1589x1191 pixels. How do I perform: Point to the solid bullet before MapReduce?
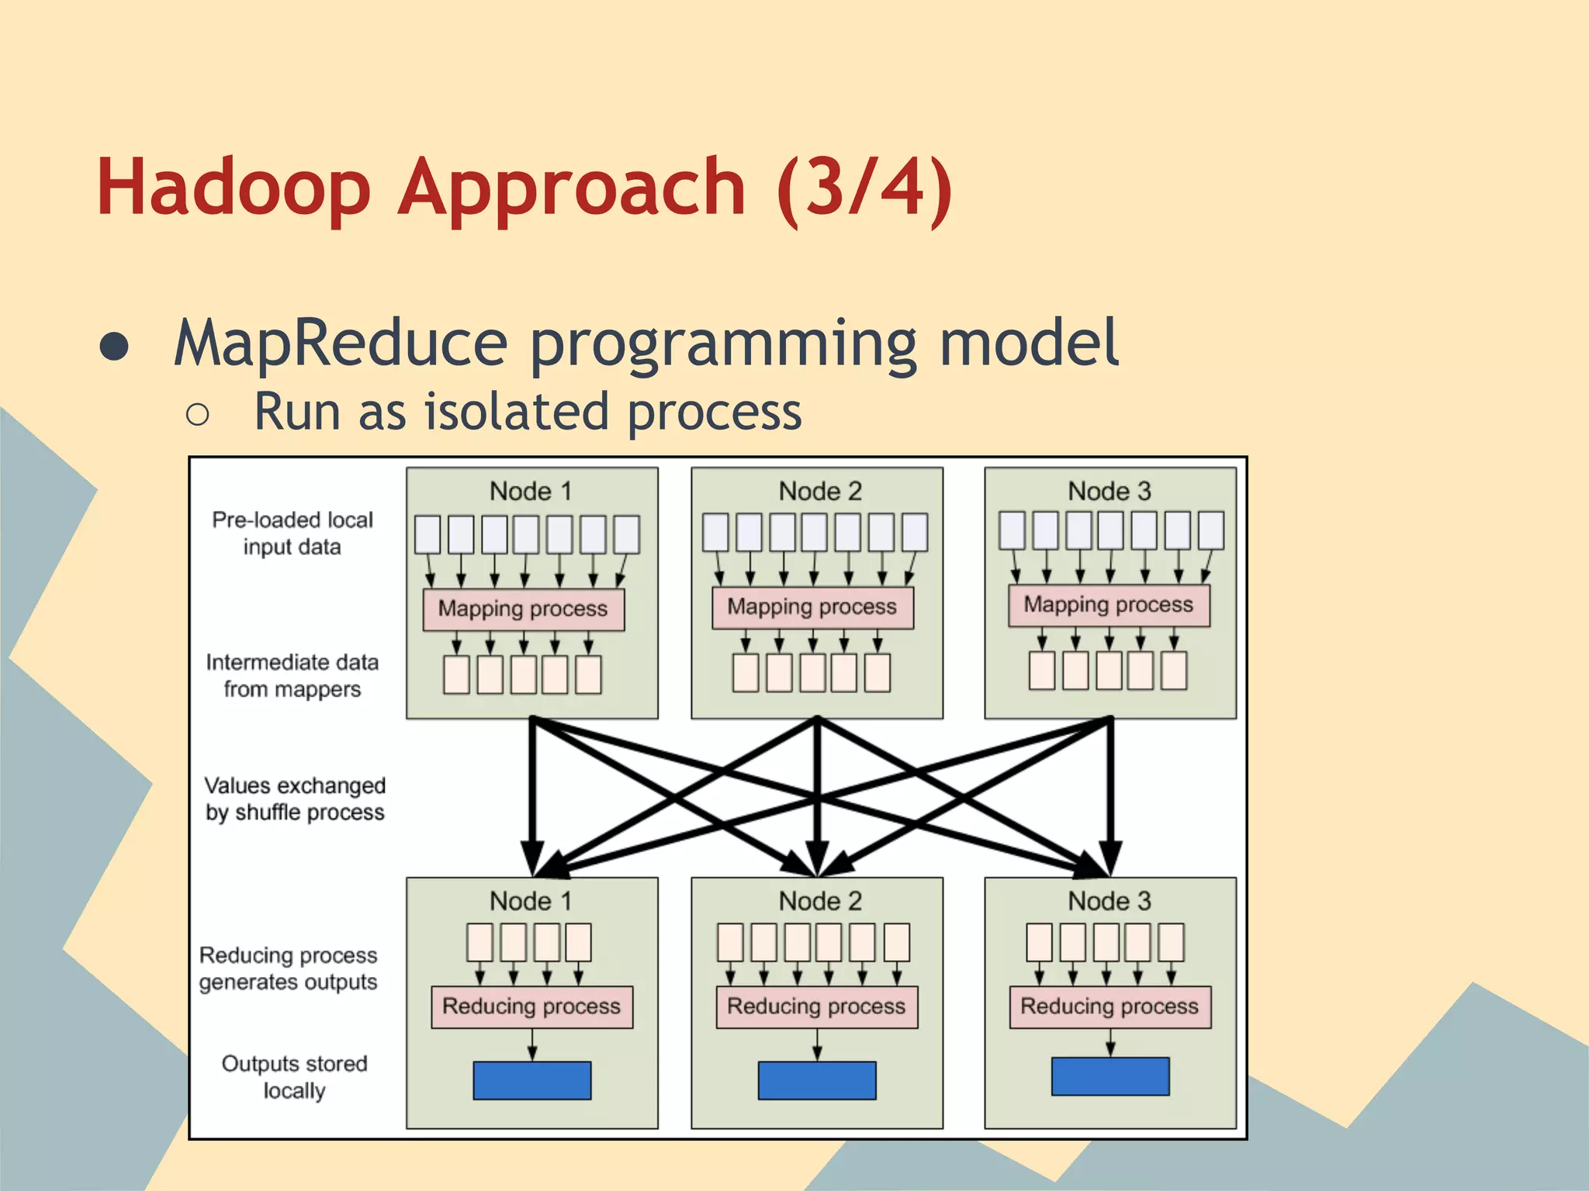coord(115,347)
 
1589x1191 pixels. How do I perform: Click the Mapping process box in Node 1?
coord(523,609)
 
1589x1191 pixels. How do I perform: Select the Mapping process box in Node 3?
coord(1108,605)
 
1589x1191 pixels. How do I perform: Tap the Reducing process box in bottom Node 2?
coord(816,1006)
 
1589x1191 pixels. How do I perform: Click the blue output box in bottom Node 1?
coord(531,1080)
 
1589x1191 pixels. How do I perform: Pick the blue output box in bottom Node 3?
coord(1110,1076)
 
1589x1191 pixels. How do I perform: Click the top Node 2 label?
coord(820,491)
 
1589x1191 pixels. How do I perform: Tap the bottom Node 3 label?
coord(1110,901)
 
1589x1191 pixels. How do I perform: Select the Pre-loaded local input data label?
coord(293,533)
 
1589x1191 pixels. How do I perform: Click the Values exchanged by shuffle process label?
coord(295,799)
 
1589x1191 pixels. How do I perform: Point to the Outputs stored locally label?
coord(294,1077)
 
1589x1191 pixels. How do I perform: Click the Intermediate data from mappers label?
coord(293,675)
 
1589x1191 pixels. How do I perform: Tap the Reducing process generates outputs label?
coord(289,968)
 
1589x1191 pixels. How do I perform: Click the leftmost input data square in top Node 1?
coord(428,535)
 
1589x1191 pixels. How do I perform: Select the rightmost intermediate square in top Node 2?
coord(877,672)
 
